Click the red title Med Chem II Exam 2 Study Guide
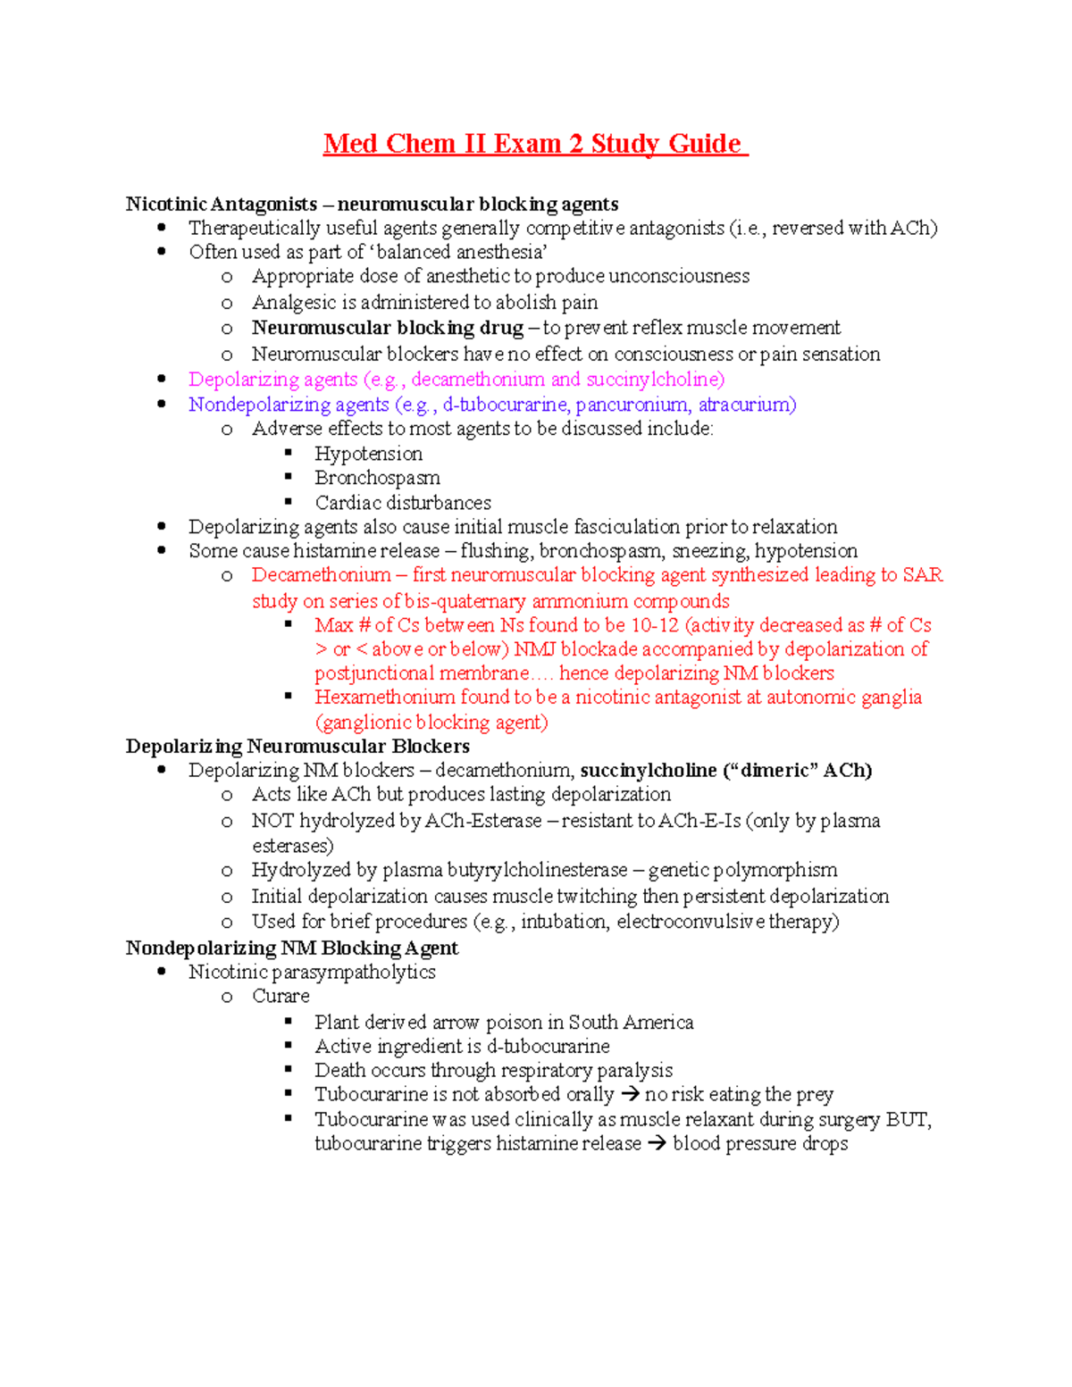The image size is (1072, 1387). (534, 144)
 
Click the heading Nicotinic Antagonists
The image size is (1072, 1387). (221, 204)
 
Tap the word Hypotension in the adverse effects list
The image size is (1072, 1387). (368, 454)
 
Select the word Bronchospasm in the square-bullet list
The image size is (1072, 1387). (377, 478)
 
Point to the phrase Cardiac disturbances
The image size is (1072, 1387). (402, 503)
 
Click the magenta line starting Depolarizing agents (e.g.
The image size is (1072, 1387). (456, 380)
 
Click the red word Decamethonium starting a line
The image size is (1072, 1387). (321, 575)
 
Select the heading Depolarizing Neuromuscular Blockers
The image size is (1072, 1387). (297, 746)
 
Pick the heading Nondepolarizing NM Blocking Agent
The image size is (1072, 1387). (291, 948)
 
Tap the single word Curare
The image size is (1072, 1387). (281, 996)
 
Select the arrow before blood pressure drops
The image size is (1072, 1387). (657, 1144)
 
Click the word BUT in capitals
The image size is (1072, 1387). (907, 1120)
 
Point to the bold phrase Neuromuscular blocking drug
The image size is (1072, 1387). (387, 328)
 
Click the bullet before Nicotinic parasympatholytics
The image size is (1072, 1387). (162, 972)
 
